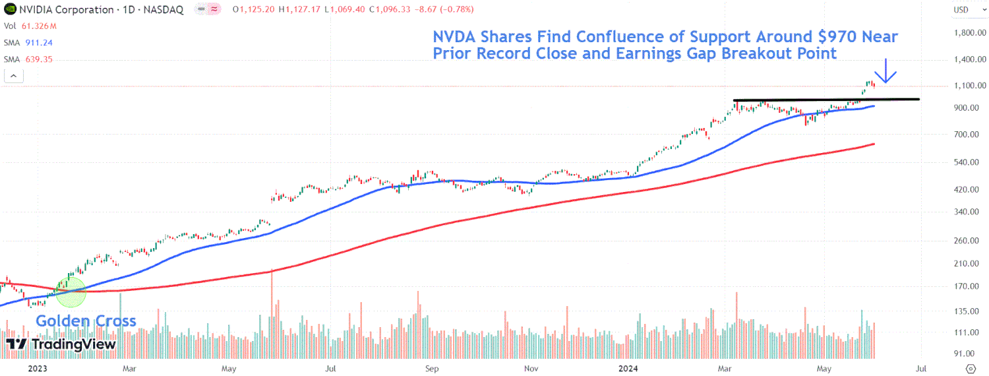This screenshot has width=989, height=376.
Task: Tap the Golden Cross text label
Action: pos(86,321)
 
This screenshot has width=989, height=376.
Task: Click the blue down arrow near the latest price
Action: pos(885,72)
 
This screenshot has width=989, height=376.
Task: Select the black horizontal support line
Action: pos(824,100)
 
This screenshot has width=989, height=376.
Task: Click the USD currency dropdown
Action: pos(964,10)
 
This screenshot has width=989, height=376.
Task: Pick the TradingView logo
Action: pos(61,344)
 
